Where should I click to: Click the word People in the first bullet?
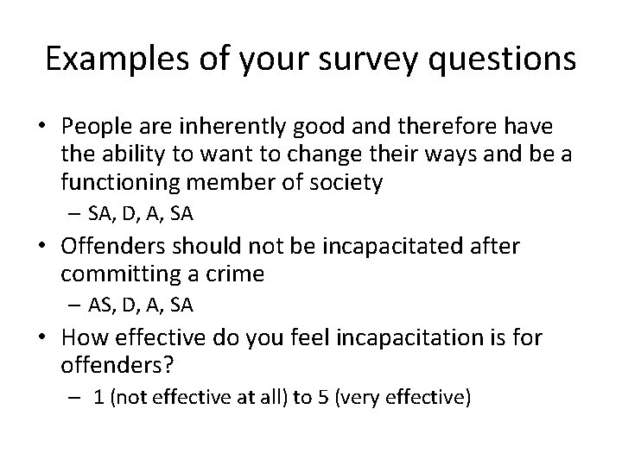(93, 127)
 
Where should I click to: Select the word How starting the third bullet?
(85, 338)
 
